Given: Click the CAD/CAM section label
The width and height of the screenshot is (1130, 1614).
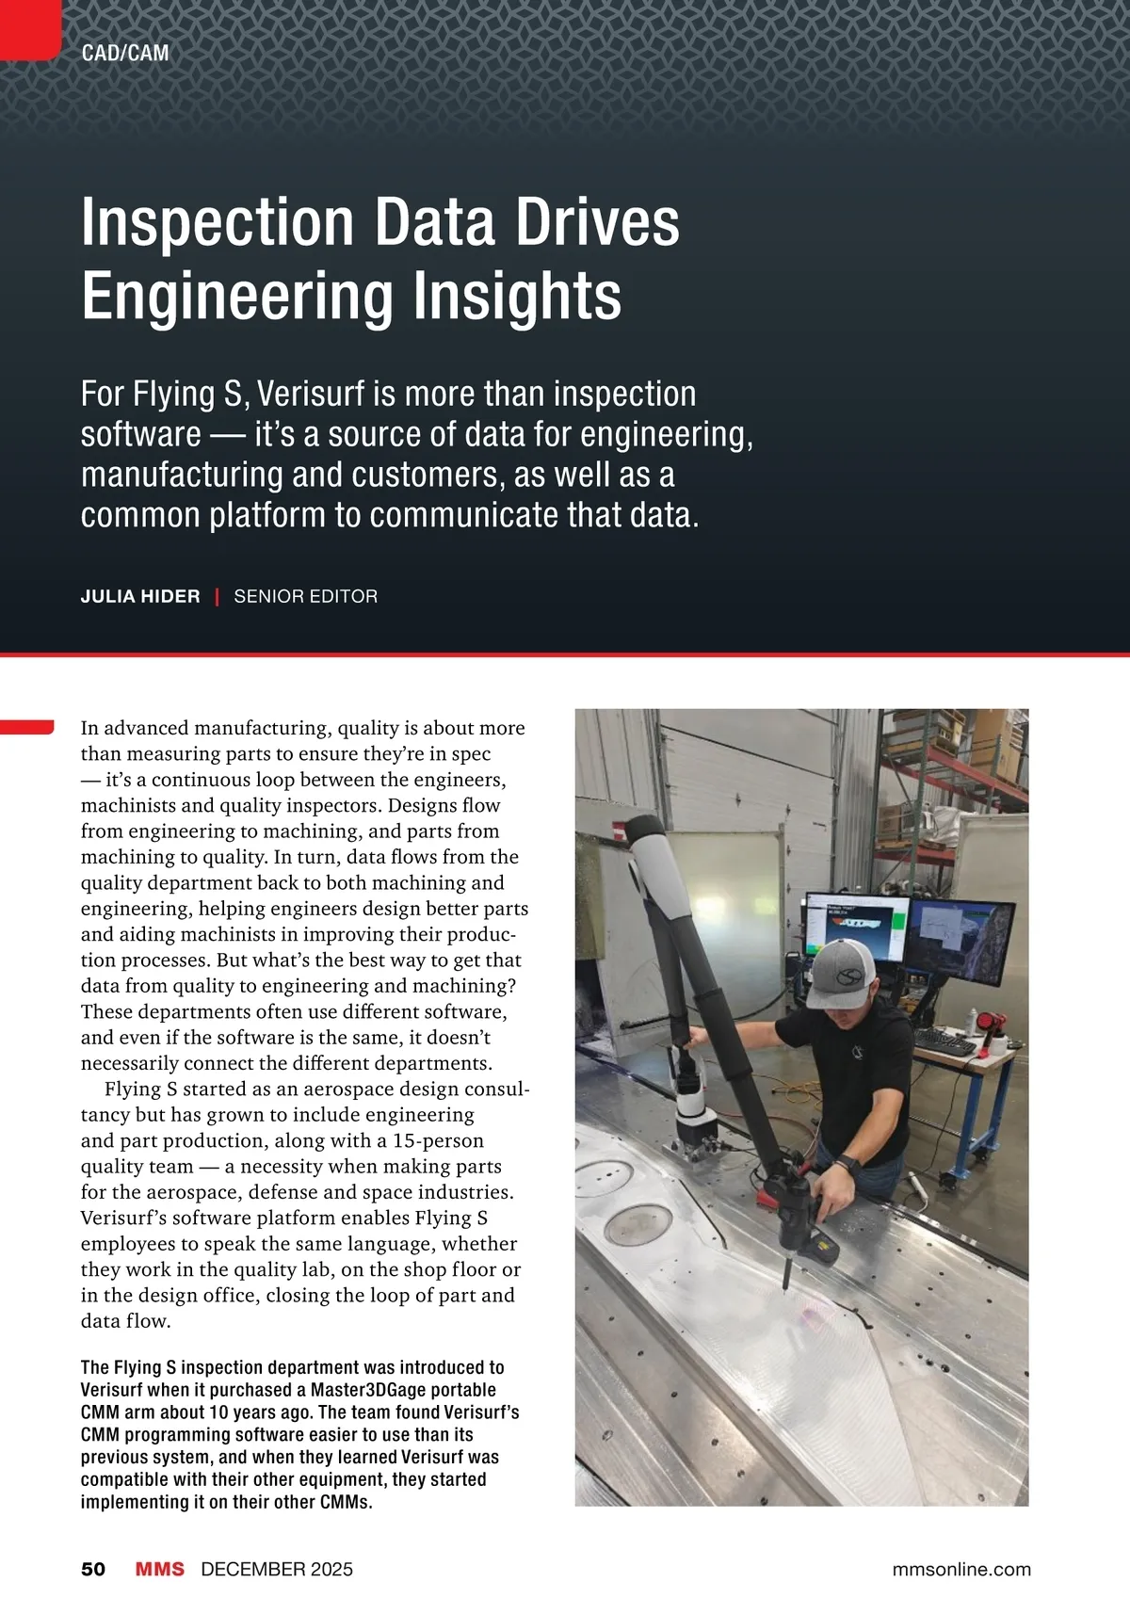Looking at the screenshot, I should coord(125,53).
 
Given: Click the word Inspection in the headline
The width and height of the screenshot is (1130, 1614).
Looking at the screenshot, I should coord(218,222).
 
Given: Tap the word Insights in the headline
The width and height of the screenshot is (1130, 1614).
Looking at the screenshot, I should coord(517,296).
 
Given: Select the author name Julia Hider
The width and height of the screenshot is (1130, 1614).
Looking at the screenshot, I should coord(140,596).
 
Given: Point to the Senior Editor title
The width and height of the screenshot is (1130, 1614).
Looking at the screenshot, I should coord(306,596).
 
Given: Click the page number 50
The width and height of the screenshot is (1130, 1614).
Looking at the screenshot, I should coord(93,1569).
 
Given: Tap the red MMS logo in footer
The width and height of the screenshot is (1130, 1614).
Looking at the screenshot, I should coord(159,1569).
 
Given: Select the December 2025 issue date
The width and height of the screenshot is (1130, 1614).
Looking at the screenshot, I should coord(277,1569).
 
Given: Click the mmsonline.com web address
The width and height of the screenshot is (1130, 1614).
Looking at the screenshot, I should coord(961,1569).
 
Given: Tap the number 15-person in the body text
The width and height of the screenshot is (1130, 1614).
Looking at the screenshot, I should coord(438,1140).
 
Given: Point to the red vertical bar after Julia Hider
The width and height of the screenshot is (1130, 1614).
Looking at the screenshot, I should coord(218,596).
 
